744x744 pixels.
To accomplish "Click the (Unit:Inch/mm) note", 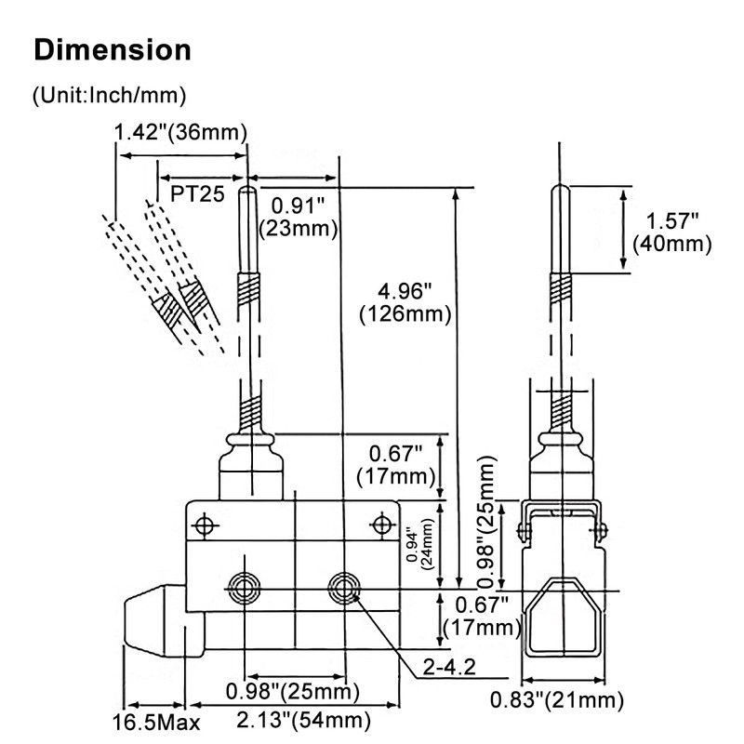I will [x=109, y=94].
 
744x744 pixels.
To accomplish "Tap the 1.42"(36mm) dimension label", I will [x=180, y=132].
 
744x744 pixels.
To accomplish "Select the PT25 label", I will [x=197, y=193].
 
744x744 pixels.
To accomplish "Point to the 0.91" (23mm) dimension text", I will [x=298, y=216].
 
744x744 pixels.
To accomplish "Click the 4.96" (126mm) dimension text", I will [x=405, y=302].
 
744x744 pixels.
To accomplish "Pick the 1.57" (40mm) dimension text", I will [x=671, y=232].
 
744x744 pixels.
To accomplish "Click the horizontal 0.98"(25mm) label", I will [x=292, y=691].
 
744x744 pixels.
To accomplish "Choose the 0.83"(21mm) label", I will [x=557, y=700].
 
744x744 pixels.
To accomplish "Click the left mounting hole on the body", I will [x=245, y=586].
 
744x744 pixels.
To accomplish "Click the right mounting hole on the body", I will [x=346, y=586].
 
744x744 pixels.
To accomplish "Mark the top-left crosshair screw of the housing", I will [x=205, y=526].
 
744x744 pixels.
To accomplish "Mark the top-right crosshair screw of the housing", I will [x=380, y=523].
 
